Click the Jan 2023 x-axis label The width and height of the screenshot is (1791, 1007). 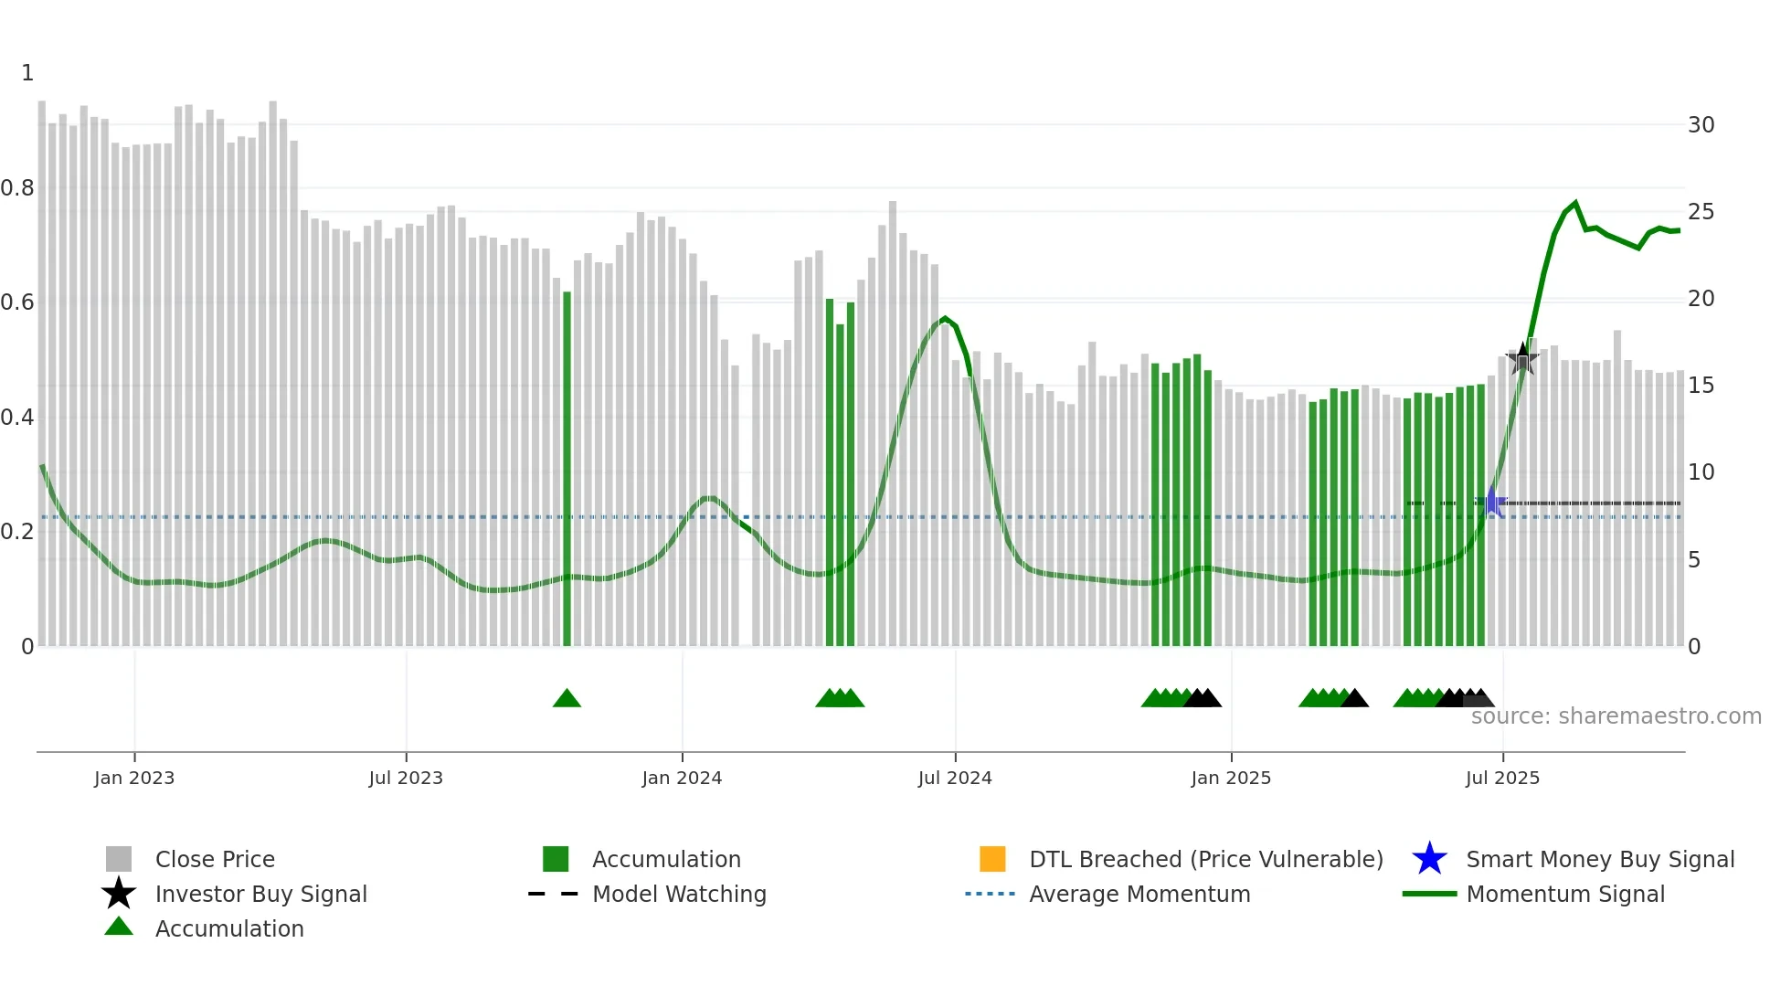(x=134, y=778)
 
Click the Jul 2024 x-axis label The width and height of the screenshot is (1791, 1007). (x=955, y=778)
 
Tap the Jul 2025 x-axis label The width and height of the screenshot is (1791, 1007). (x=1502, y=778)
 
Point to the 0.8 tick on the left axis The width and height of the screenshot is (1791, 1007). (x=17, y=188)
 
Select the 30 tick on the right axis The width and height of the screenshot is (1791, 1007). (x=1701, y=125)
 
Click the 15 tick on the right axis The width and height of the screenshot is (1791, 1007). (x=1701, y=386)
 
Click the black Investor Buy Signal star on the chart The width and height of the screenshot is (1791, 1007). (x=1522, y=359)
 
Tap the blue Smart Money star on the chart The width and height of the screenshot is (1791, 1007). (x=1492, y=503)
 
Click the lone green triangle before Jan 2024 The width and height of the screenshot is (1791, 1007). (x=567, y=699)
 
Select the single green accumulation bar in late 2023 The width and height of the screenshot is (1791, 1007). (x=567, y=466)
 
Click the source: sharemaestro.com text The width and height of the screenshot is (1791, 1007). (x=1616, y=716)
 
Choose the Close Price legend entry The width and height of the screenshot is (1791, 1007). (x=215, y=859)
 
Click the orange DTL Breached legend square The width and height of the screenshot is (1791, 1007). (x=992, y=859)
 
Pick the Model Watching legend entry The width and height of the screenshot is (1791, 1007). (x=678, y=894)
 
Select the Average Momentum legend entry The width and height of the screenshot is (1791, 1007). (x=1139, y=894)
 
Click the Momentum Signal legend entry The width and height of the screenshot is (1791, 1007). (x=1564, y=894)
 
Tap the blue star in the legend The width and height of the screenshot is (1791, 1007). (x=1429, y=859)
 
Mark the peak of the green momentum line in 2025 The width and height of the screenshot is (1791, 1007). (x=1574, y=203)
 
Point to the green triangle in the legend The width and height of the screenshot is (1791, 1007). (x=119, y=927)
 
